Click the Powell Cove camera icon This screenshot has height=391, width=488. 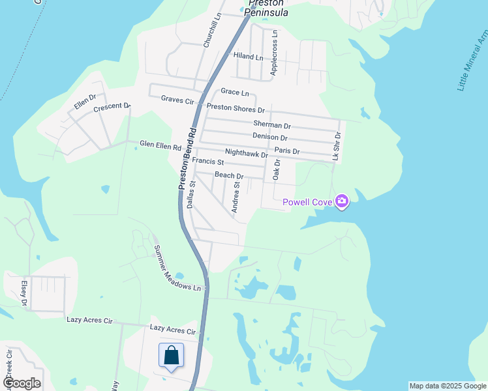[x=341, y=201]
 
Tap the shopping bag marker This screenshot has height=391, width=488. [x=171, y=356]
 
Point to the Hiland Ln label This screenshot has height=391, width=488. [x=248, y=57]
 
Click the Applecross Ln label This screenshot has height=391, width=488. [x=275, y=52]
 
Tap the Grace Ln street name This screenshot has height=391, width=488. [x=235, y=93]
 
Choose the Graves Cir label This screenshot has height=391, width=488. [x=178, y=100]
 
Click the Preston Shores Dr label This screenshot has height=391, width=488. [x=236, y=108]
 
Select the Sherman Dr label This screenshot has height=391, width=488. [x=271, y=124]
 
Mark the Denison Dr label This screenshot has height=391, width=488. [x=269, y=138]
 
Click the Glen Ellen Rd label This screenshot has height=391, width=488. [x=160, y=146]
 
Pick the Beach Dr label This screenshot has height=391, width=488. [x=229, y=176]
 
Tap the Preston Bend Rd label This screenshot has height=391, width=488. [x=188, y=159]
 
